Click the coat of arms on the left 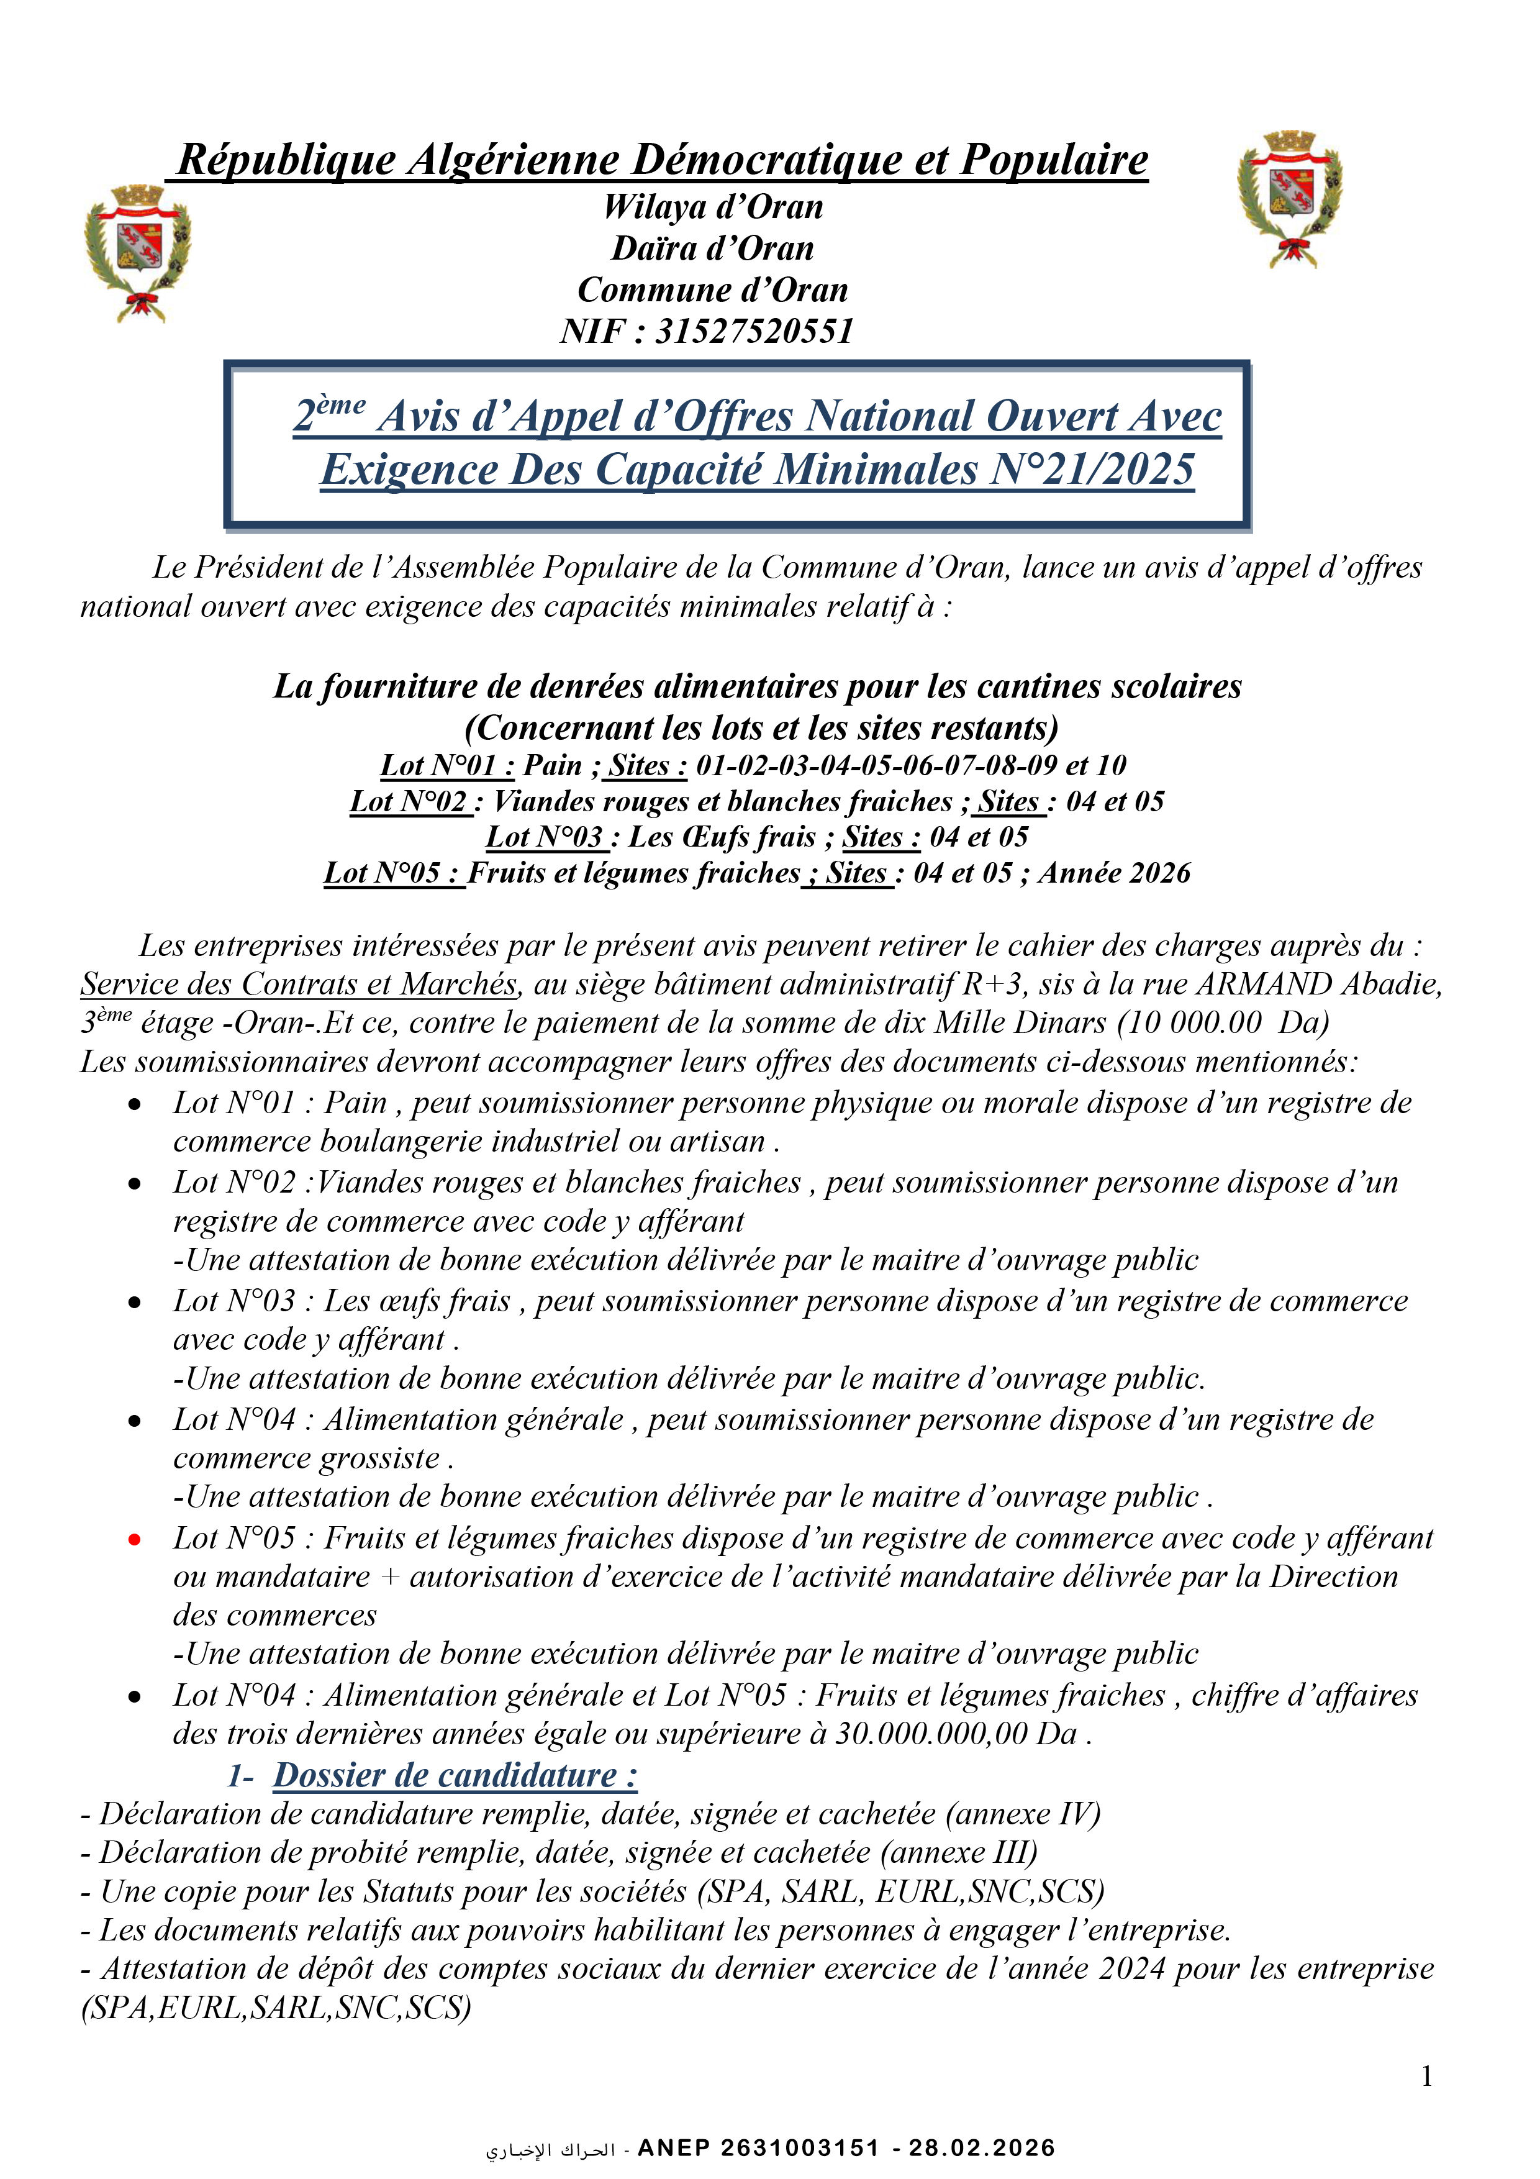[x=138, y=252]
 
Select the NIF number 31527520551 [x=754, y=331]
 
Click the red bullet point [x=135, y=1539]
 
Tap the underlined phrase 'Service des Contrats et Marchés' [x=299, y=984]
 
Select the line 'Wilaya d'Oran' [x=713, y=207]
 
